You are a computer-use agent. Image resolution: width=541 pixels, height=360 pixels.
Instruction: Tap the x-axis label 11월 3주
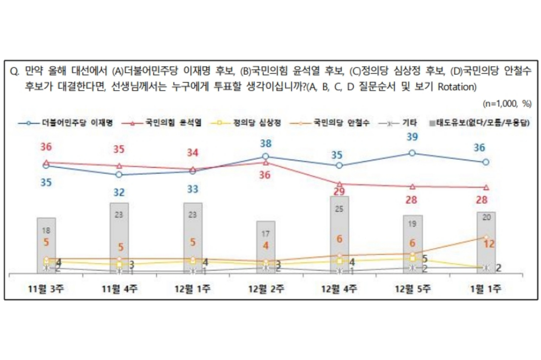(46, 289)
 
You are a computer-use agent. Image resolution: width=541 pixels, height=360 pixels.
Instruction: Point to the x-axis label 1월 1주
(485, 289)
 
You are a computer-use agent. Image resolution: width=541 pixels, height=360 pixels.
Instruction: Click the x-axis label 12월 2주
(266, 289)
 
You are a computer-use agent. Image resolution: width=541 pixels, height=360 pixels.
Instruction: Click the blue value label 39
(412, 137)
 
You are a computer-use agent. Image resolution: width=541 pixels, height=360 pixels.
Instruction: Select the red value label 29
(340, 192)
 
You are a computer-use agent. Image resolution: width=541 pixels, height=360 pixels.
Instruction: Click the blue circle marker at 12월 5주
(412, 153)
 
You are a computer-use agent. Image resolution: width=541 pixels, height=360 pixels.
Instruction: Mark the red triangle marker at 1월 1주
(486, 187)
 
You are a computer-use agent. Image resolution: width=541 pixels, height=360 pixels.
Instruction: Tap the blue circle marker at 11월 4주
(119, 175)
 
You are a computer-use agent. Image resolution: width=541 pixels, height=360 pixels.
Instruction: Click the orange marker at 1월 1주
(486, 237)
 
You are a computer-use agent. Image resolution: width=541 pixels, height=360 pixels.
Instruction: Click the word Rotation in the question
(458, 87)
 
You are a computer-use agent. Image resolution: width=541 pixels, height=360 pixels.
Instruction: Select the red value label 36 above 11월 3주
(46, 147)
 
